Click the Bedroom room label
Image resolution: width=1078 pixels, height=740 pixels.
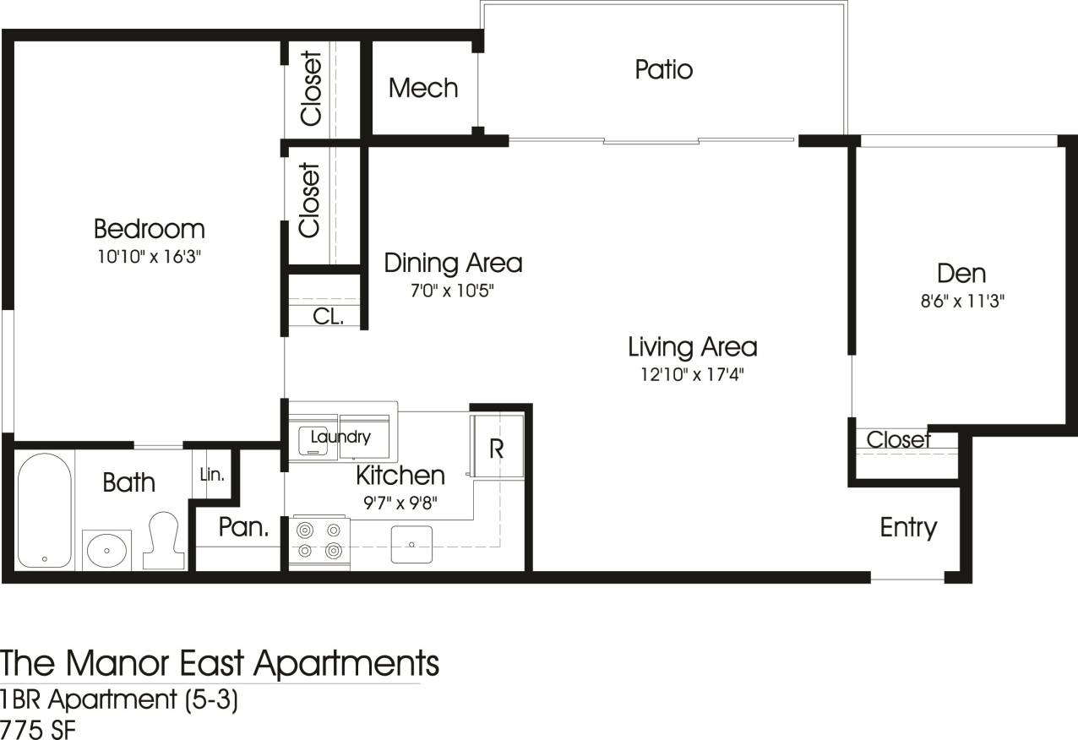149,229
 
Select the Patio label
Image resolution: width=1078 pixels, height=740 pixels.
663,69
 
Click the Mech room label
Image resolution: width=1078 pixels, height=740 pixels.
423,88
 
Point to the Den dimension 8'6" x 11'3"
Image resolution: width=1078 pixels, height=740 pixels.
961,301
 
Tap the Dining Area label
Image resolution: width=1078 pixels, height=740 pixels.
453,263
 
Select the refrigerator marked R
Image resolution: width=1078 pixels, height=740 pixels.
497,448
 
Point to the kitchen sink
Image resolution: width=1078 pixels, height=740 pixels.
411,545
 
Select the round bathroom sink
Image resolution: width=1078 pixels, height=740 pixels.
107,550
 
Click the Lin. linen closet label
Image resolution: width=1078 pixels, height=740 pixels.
212,475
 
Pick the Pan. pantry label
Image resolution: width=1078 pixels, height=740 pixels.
243,528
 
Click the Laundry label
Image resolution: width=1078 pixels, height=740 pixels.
340,437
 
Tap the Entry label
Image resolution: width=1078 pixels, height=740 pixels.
908,527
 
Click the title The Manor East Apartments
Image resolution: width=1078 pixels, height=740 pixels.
220,663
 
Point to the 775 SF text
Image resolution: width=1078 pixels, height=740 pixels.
37,728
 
